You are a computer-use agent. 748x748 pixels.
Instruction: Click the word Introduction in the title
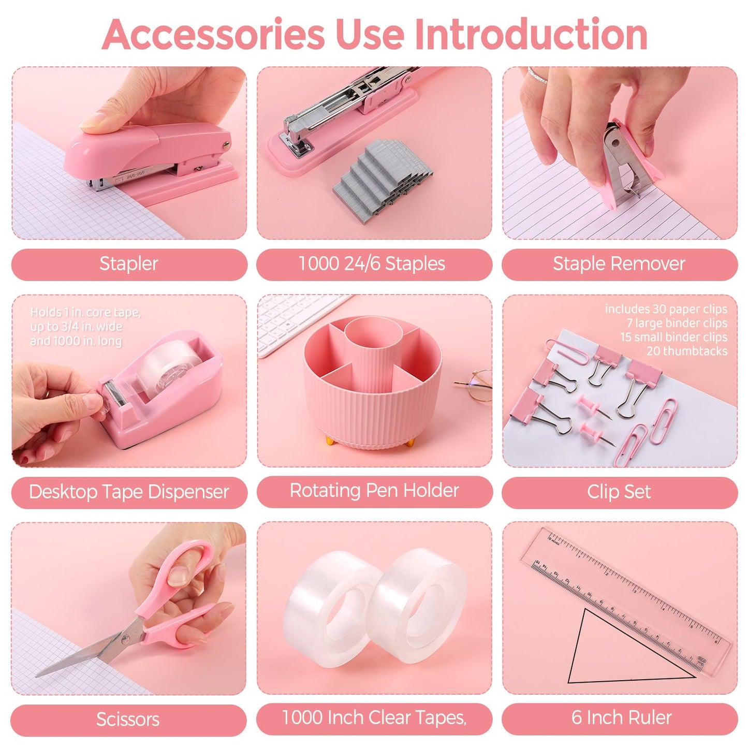531,34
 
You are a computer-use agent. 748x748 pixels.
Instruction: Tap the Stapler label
128,264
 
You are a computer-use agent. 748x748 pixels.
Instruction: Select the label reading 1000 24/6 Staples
372,264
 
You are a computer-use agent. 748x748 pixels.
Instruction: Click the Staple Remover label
619,264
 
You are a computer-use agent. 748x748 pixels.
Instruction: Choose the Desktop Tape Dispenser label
129,492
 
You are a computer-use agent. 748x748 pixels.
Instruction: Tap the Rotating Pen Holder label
374,491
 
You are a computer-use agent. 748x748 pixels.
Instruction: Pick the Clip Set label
619,492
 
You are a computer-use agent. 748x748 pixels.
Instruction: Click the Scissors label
128,719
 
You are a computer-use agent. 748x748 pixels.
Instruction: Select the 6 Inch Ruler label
621,717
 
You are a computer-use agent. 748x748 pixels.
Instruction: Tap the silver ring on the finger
537,76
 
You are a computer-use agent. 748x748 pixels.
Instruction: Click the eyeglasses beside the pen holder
476,384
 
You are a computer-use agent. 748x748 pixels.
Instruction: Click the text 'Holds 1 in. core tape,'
85,312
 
